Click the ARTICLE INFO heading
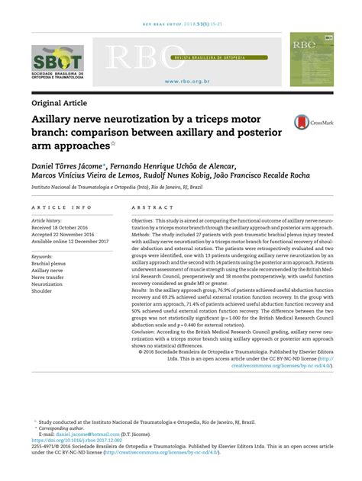[56, 207]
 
